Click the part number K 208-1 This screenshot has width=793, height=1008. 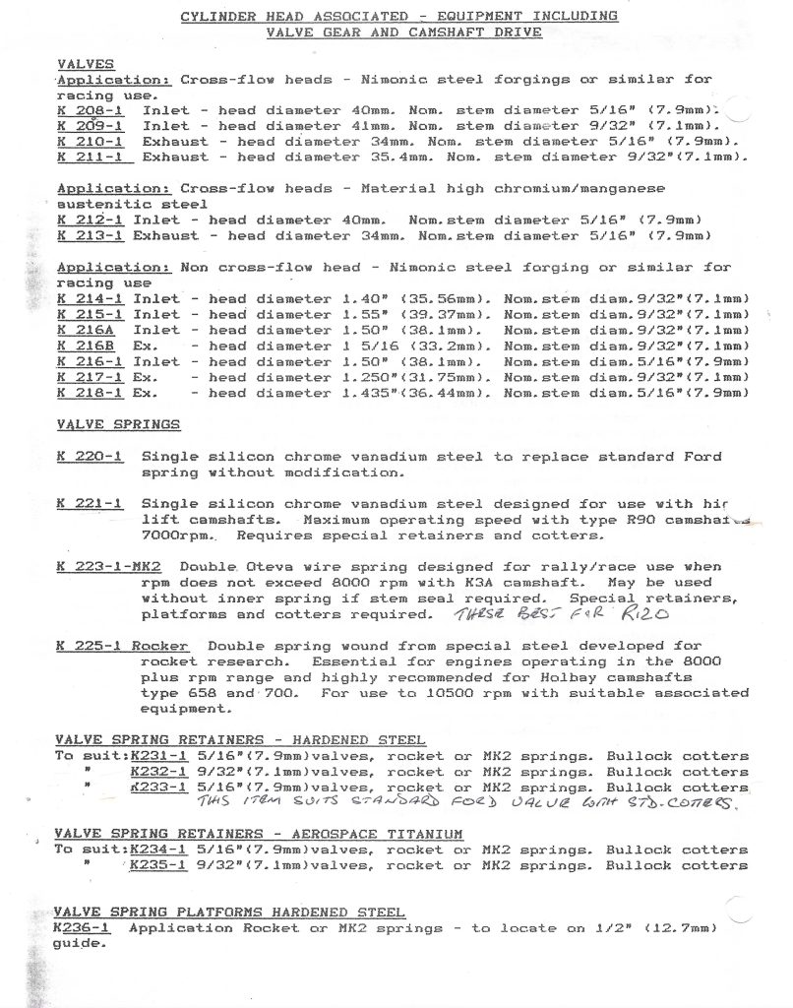[90, 110]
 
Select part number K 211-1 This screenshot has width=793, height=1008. [90, 157]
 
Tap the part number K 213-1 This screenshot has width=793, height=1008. [90, 235]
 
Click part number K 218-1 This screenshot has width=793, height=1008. [90, 393]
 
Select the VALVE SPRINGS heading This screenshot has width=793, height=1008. [118, 424]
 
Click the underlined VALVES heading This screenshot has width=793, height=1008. [86, 64]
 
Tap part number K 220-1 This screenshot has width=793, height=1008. [90, 457]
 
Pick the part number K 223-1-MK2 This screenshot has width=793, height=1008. [108, 567]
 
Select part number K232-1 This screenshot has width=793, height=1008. [156, 772]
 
